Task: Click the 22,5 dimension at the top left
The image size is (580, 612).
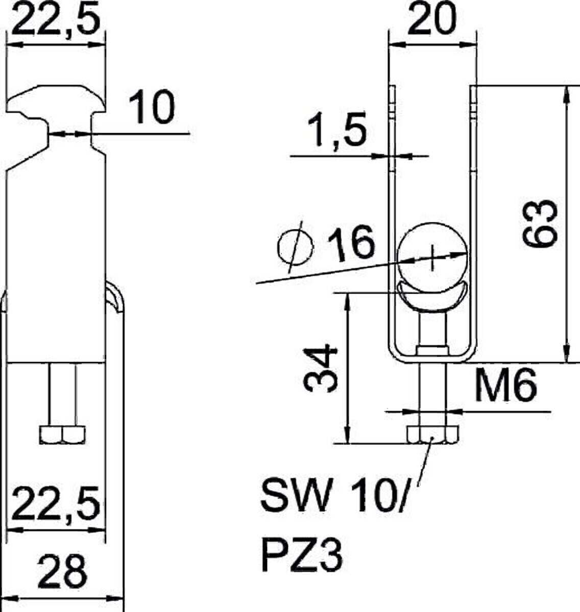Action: pos(56,19)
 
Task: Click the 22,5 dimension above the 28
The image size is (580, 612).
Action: pos(56,503)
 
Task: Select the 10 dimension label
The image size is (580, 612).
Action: pos(152,107)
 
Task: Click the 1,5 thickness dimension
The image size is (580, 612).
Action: pos(337,130)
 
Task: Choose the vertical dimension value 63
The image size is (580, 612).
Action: pos(540,223)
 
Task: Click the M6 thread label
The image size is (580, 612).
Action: pos(505,386)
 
